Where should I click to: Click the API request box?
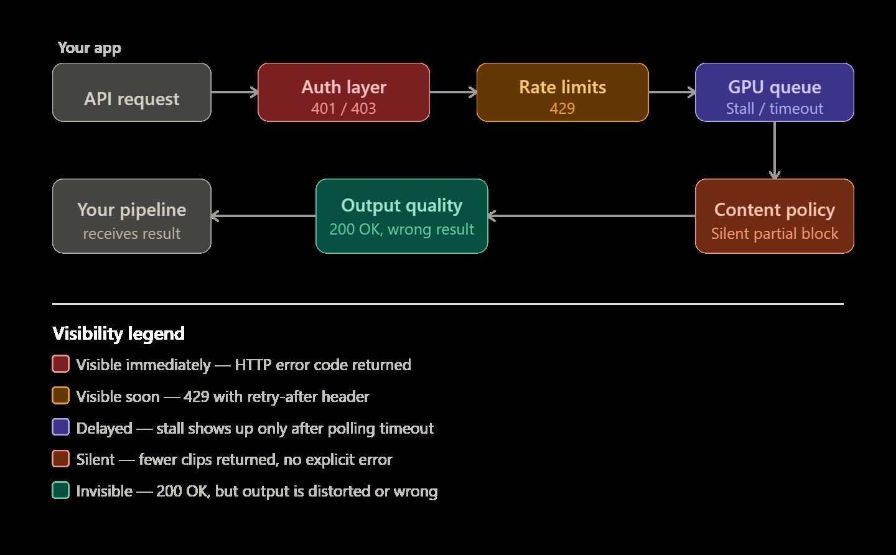tap(131, 92)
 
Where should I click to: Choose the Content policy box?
tap(774, 216)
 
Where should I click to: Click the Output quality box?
tap(401, 216)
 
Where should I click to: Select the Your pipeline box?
tap(131, 216)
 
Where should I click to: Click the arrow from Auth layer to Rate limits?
tap(453, 92)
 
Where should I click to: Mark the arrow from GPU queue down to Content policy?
tap(775, 150)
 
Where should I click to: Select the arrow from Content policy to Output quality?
tap(591, 216)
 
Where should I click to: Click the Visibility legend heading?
tap(118, 333)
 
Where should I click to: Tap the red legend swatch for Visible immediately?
tap(60, 364)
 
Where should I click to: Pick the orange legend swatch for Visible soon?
tap(60, 396)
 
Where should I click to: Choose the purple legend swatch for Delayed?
tap(60, 427)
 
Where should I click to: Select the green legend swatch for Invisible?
tap(60, 490)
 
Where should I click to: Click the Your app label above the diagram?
tap(89, 48)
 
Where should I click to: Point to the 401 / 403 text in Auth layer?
tap(343, 108)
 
